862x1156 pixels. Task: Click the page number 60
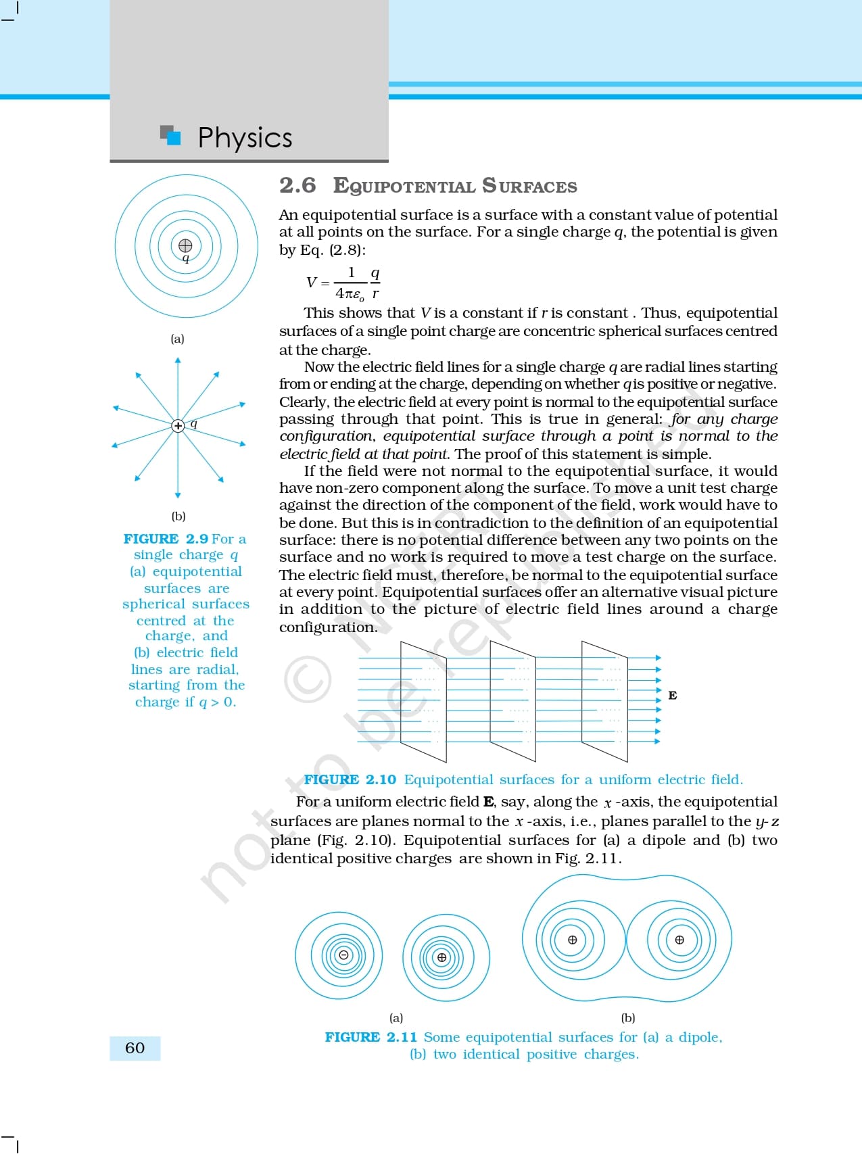[135, 1048]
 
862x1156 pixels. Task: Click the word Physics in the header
[245, 138]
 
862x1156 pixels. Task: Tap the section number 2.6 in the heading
[297, 185]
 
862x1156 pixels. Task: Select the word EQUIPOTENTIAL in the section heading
[404, 186]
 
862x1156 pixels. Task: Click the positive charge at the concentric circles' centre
[185, 245]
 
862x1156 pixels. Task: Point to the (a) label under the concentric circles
[177, 339]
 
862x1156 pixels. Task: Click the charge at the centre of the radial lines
[178, 425]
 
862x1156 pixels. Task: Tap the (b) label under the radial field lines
[178, 516]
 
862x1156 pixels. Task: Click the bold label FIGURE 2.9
[166, 539]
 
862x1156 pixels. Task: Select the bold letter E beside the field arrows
[673, 696]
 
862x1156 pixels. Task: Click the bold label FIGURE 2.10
[350, 779]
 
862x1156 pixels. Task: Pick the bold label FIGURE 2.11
[370, 1037]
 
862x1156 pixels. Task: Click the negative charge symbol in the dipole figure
[343, 955]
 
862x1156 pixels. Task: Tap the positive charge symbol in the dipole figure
[442, 957]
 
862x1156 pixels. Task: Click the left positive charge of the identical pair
[573, 940]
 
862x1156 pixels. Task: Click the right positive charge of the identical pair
[679, 940]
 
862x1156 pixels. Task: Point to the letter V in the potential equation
[311, 283]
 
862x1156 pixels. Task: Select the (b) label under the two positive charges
[628, 1017]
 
